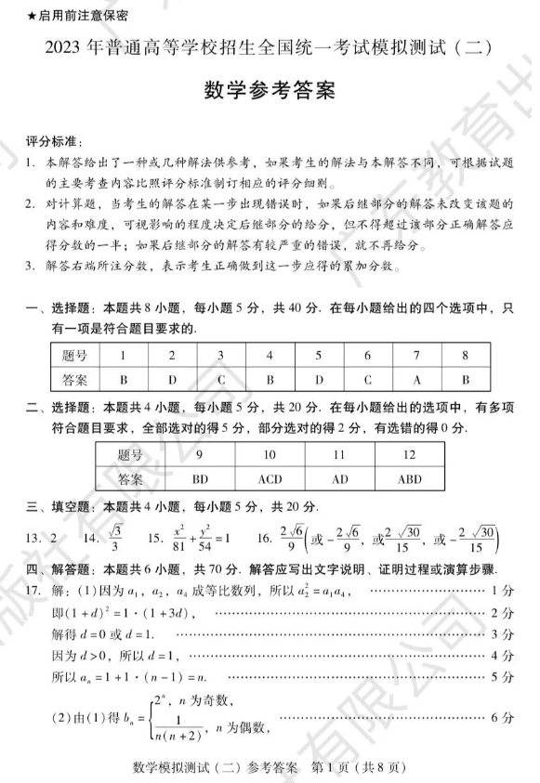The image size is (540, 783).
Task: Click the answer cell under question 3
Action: (x=221, y=379)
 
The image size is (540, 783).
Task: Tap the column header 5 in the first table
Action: (x=319, y=356)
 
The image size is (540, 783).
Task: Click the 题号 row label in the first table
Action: (x=74, y=356)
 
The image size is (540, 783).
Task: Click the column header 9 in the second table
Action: (x=200, y=455)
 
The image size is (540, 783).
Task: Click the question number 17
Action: (x=35, y=590)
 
